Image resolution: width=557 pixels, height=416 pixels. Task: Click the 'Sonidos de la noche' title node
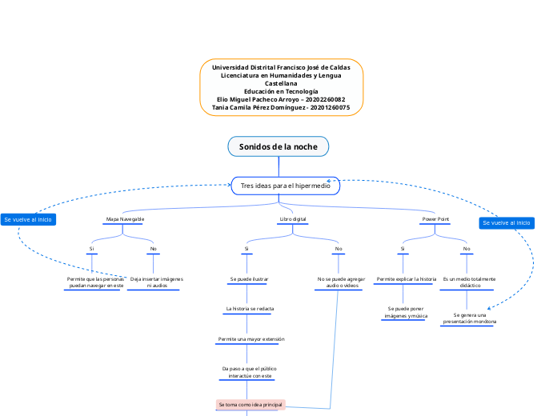pos(278,146)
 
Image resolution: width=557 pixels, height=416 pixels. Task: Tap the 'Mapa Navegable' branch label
pos(126,218)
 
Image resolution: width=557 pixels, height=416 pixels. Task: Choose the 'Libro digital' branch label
pos(292,218)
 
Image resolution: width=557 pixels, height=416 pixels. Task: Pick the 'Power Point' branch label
pos(435,218)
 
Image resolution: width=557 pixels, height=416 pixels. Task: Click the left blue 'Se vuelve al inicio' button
pos(28,219)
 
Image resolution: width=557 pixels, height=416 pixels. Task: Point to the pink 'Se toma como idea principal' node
pos(250,405)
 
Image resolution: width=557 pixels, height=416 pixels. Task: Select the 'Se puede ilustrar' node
pos(249,279)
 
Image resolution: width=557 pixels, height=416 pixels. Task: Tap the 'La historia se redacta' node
pos(250,308)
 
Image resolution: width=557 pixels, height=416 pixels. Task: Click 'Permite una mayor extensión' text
pos(250,339)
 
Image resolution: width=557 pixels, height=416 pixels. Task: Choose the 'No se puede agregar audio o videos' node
pos(341,282)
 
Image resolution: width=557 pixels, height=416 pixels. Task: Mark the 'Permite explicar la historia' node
pos(406,279)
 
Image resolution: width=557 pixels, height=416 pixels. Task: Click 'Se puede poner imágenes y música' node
pos(405,312)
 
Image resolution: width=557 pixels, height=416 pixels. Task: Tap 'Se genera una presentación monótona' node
pos(469,318)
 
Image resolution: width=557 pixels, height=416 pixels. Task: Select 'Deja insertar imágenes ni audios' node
pos(156,282)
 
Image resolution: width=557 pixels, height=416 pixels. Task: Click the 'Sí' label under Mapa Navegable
pos(92,249)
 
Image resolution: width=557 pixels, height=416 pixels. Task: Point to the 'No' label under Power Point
pos(467,249)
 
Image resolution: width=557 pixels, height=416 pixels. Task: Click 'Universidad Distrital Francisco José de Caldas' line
pos(281,67)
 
